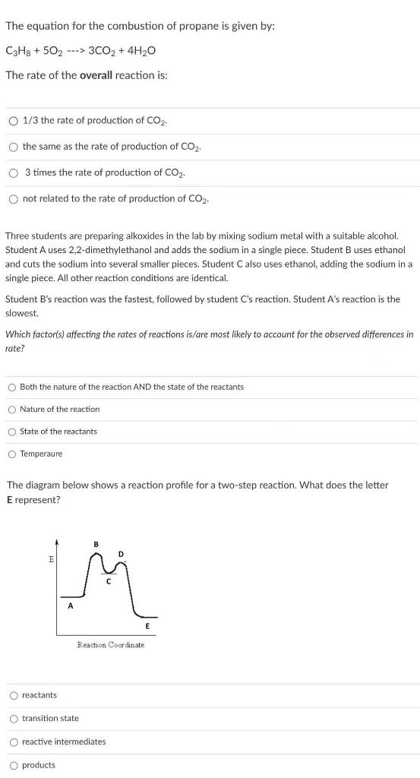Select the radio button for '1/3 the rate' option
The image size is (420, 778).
coord(14,121)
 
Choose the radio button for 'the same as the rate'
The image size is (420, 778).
coord(14,147)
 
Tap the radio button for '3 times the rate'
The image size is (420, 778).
coord(14,172)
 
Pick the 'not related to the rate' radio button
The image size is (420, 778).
coord(14,199)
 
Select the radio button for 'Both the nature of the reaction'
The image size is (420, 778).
coord(12,387)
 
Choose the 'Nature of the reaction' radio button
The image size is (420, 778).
coord(12,410)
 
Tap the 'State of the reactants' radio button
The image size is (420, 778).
coord(12,432)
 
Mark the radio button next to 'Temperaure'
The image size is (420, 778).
coord(12,454)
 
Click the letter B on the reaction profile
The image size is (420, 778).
coord(96,543)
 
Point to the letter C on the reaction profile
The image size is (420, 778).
coord(109,582)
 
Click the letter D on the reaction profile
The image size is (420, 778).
coord(119,553)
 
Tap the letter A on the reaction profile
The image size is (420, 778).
coord(70,606)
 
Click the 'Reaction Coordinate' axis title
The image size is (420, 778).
coord(110,645)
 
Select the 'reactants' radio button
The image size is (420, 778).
coord(14,695)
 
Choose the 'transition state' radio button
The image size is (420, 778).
coord(14,719)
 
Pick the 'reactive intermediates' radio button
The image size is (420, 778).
coord(14,742)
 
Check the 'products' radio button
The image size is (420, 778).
coord(14,765)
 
